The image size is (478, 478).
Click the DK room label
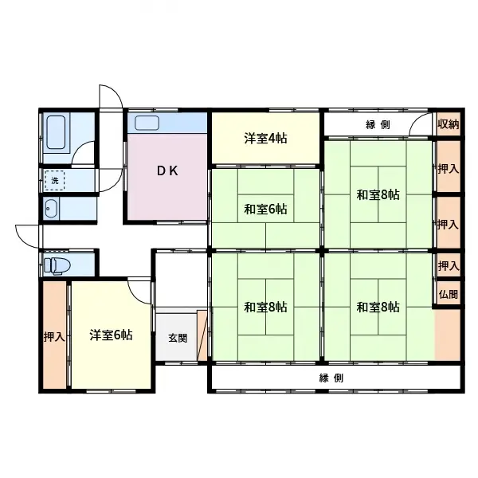click(x=167, y=171)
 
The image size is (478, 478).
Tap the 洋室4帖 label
click(x=265, y=139)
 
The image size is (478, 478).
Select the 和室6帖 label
click(x=265, y=210)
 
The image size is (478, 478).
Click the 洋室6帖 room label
click(x=111, y=335)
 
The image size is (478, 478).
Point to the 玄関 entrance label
click(x=178, y=338)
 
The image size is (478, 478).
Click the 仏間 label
click(x=449, y=294)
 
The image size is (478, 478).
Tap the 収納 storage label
click(x=449, y=124)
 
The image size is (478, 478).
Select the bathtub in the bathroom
click(x=56, y=132)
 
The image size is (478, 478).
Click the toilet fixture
click(x=57, y=265)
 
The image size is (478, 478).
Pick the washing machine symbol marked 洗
click(x=54, y=181)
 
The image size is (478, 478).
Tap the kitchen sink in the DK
click(x=147, y=123)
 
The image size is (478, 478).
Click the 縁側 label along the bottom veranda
click(x=331, y=378)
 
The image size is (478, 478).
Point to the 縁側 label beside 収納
click(x=378, y=124)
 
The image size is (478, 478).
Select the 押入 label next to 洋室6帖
click(x=54, y=337)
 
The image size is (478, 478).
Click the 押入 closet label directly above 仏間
click(x=449, y=266)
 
